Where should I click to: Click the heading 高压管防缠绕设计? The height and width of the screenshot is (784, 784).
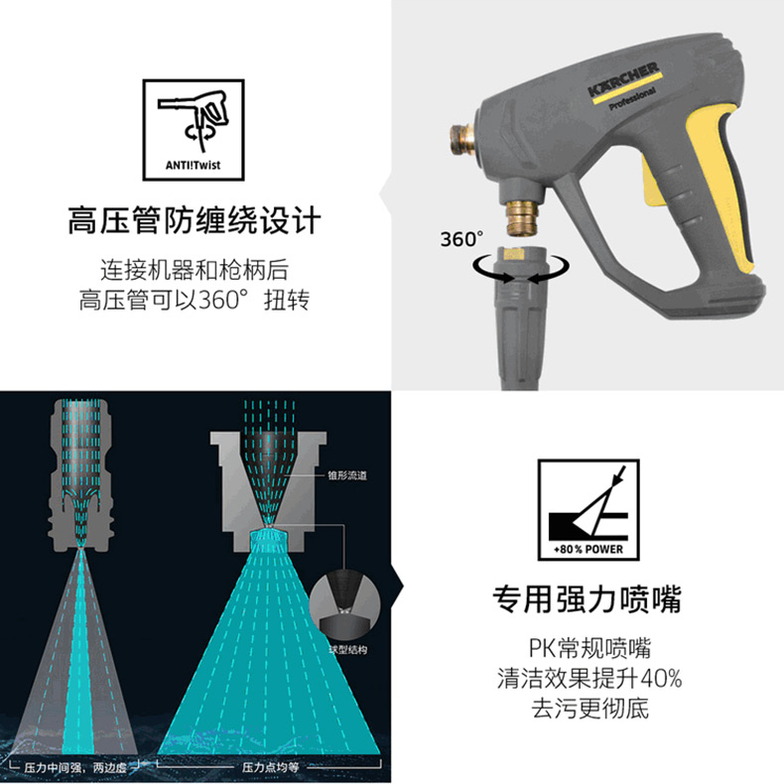pos(194,220)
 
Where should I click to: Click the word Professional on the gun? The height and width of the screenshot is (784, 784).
pos(632,99)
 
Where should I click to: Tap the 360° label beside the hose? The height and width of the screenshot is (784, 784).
pos(461,239)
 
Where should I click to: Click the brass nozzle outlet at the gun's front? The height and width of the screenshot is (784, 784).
pos(461,140)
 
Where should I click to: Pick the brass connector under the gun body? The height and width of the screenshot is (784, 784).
pos(522,216)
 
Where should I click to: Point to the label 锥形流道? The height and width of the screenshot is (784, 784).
pos(347,475)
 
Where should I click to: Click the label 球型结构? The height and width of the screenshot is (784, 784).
pos(347,649)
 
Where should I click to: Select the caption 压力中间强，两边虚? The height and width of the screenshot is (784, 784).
pos(75,767)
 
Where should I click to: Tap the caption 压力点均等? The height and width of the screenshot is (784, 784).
pos(270,767)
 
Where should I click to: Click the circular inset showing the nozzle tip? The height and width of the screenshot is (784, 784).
pos(344,606)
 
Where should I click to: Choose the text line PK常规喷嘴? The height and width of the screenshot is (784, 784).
pos(589,648)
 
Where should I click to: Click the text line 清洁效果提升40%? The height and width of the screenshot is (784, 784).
pos(589,679)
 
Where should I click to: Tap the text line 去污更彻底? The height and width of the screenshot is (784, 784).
pos(589,709)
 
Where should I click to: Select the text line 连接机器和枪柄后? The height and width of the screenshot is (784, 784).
pos(195,270)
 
